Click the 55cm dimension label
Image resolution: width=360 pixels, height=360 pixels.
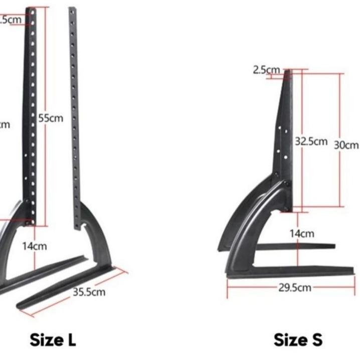pos(51,119)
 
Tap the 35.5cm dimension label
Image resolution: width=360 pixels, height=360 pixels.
pos(89,292)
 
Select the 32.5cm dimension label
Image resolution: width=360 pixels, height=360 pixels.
pos(311,141)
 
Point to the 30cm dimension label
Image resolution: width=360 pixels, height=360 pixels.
pos(346,145)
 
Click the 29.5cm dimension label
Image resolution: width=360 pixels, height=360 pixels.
pos(295,287)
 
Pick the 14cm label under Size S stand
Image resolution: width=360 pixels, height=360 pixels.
pos(302,234)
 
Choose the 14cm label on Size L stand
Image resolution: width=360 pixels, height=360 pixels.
pos(34,246)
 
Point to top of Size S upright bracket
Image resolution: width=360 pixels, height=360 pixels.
pos(288,73)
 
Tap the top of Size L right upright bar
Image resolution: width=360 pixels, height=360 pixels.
pos(72,10)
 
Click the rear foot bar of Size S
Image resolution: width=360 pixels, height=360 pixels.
pos(296,246)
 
